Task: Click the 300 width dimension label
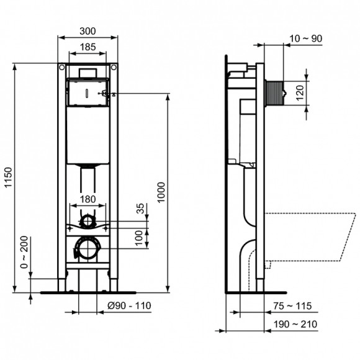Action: click(88, 29)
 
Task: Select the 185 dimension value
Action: click(88, 46)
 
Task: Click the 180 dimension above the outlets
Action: click(88, 199)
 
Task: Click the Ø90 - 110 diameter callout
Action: click(128, 305)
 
